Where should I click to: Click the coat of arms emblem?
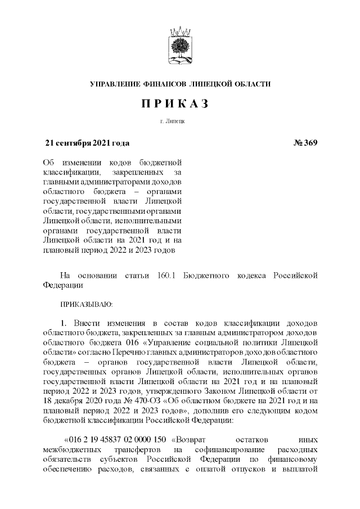coord(180,44)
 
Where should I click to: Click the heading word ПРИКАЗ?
coord(180,105)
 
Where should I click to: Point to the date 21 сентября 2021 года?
coord(87,142)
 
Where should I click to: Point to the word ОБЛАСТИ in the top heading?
coord(252,84)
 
